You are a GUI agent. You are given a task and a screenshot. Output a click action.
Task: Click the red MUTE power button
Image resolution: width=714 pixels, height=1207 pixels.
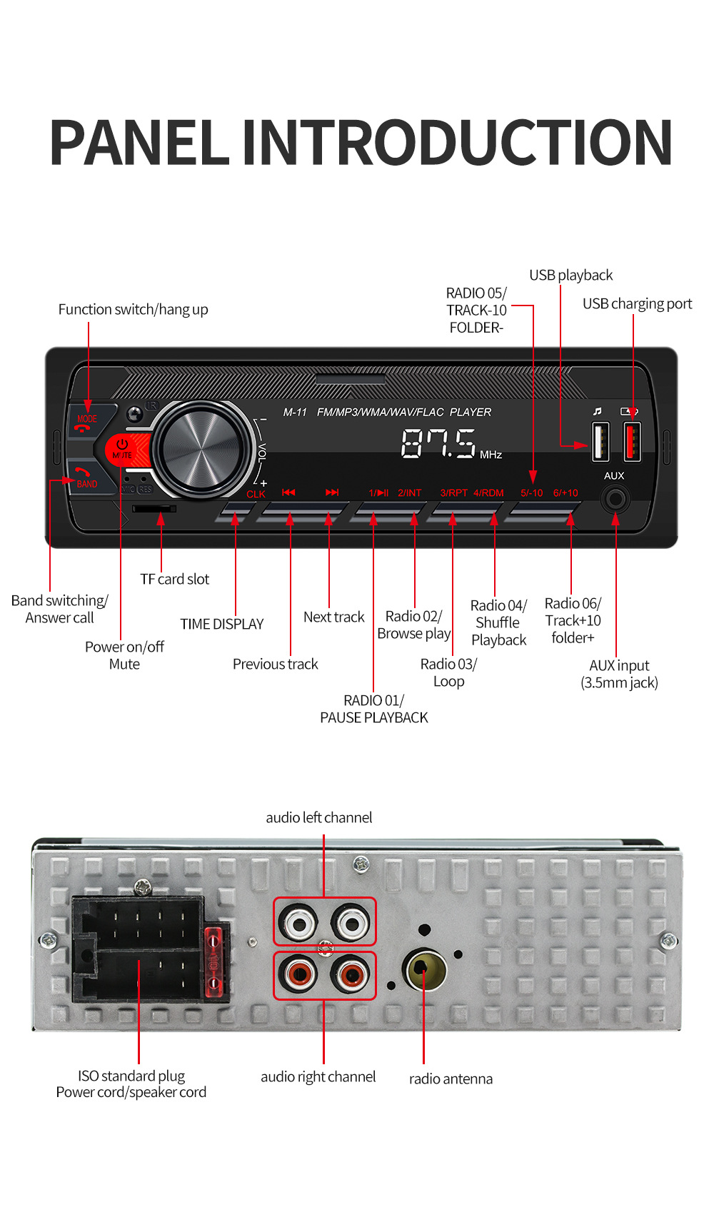123,450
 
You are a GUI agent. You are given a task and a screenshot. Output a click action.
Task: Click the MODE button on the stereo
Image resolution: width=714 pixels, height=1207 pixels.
87,421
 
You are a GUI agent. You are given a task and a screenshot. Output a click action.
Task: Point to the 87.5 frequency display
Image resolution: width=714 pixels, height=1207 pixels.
438,443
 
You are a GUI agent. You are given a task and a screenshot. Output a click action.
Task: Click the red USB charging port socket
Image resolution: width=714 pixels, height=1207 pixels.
632,441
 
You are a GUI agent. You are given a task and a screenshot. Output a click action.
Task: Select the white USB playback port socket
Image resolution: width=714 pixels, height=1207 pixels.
600,441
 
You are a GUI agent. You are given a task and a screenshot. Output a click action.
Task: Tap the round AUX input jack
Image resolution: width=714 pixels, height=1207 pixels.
615,498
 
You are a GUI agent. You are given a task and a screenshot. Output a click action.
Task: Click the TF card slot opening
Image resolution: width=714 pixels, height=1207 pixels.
154,508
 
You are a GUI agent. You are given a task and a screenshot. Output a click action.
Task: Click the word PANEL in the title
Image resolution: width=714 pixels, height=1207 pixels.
140,143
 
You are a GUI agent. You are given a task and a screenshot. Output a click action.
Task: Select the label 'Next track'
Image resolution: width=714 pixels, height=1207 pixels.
333,617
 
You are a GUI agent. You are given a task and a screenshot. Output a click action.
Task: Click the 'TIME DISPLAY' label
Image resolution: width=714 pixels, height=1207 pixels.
221,624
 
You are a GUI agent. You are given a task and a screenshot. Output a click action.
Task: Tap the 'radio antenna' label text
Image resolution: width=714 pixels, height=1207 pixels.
451,1079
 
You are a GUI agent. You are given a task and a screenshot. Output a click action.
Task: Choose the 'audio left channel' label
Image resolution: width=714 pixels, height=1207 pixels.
318,817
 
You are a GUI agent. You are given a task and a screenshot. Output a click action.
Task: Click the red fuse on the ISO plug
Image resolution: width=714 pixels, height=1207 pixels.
213,961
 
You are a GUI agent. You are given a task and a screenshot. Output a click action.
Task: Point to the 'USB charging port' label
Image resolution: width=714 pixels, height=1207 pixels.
637,303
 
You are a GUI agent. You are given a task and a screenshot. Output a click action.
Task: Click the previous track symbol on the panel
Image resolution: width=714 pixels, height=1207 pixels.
288,493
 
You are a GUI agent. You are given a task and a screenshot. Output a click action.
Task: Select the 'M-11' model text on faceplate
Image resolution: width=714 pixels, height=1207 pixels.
295,412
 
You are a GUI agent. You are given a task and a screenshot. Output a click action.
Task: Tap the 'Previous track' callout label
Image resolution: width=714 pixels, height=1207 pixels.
275,664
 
